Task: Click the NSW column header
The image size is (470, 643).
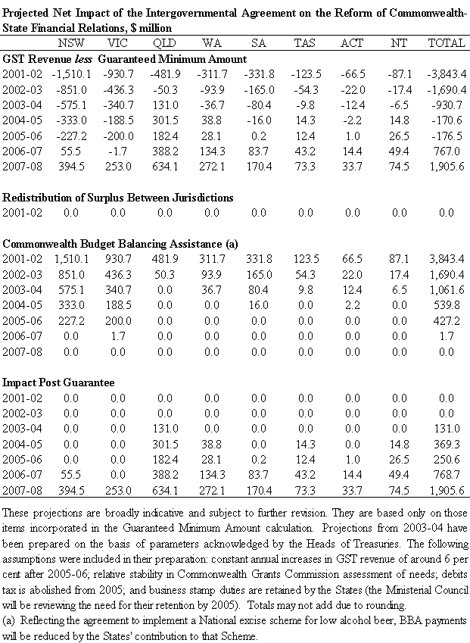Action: click(x=71, y=43)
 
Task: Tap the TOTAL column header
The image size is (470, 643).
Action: click(x=447, y=43)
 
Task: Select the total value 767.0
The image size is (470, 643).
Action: click(x=449, y=151)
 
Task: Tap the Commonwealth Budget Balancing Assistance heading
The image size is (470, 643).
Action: click(x=121, y=244)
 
